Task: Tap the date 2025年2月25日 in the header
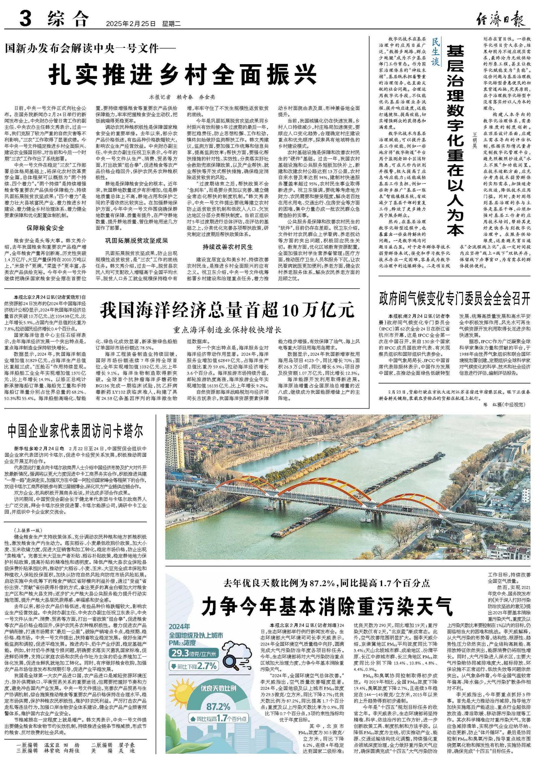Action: pos(131,24)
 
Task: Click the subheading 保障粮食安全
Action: pos(45,228)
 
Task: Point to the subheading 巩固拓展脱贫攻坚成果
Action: pos(136,240)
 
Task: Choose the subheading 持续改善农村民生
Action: pos(228,247)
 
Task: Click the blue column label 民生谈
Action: pos(435,51)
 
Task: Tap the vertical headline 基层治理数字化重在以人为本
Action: pos(456,140)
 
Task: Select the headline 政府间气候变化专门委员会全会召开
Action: pos(454,298)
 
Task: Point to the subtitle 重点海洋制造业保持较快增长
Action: pos(227,330)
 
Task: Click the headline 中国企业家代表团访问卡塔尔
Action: pos(76,432)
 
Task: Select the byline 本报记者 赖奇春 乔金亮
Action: pos(182,97)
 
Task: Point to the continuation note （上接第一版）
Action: pos(28,530)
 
